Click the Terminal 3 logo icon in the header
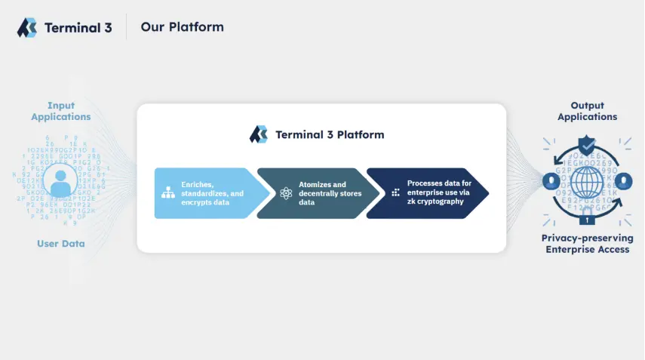click(x=27, y=28)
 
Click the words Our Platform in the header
click(x=182, y=27)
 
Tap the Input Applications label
click(x=60, y=111)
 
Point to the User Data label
click(x=60, y=244)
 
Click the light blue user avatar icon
click(x=60, y=182)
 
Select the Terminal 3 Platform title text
click(x=330, y=135)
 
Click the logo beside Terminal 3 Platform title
click(x=259, y=134)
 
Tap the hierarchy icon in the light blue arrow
click(x=168, y=193)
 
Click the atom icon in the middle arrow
click(x=285, y=193)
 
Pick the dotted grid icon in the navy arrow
click(x=395, y=193)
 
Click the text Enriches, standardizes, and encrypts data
click(x=212, y=193)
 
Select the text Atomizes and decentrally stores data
click(x=330, y=193)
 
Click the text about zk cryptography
click(x=439, y=192)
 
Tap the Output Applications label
click(x=587, y=111)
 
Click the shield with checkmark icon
click(x=587, y=144)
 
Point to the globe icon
click(x=587, y=182)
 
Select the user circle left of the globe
click(x=548, y=181)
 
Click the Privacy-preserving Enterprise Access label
click(x=587, y=244)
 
